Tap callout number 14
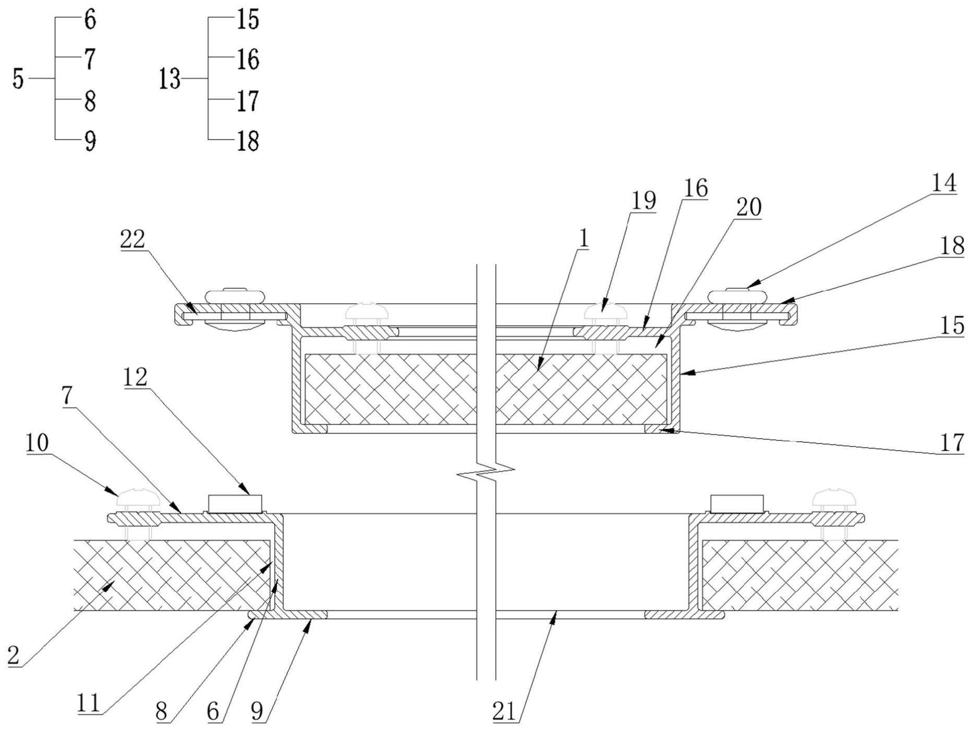944,183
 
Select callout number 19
643,201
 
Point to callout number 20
748,207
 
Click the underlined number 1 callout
584,238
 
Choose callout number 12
136,377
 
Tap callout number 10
37,443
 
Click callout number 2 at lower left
14,655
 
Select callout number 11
88,703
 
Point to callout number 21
504,712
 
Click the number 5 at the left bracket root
18,79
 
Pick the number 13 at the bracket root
169,80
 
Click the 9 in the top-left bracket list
90,141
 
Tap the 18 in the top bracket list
248,141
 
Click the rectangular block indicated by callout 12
234,503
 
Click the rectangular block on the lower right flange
737,503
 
